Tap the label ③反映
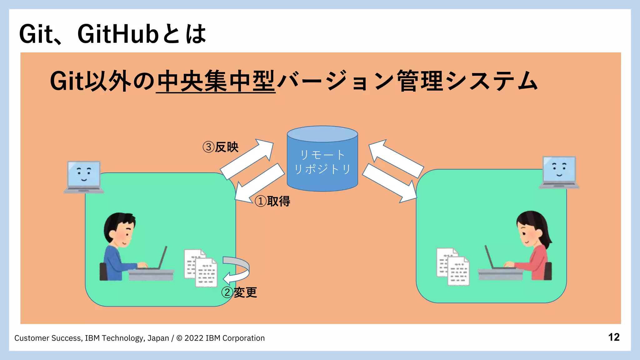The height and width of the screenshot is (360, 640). pyautogui.click(x=221, y=147)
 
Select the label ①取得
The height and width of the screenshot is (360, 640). pyautogui.click(x=272, y=201)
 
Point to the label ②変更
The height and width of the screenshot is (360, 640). pyautogui.click(x=239, y=292)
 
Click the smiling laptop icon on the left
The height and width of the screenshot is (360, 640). pyautogui.click(x=84, y=177)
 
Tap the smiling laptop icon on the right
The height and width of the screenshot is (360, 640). pyautogui.click(x=559, y=172)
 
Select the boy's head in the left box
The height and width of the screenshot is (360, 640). pyautogui.click(x=120, y=230)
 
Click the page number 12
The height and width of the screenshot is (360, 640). pyautogui.click(x=614, y=337)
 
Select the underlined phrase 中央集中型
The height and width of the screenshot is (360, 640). pyautogui.click(x=216, y=81)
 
